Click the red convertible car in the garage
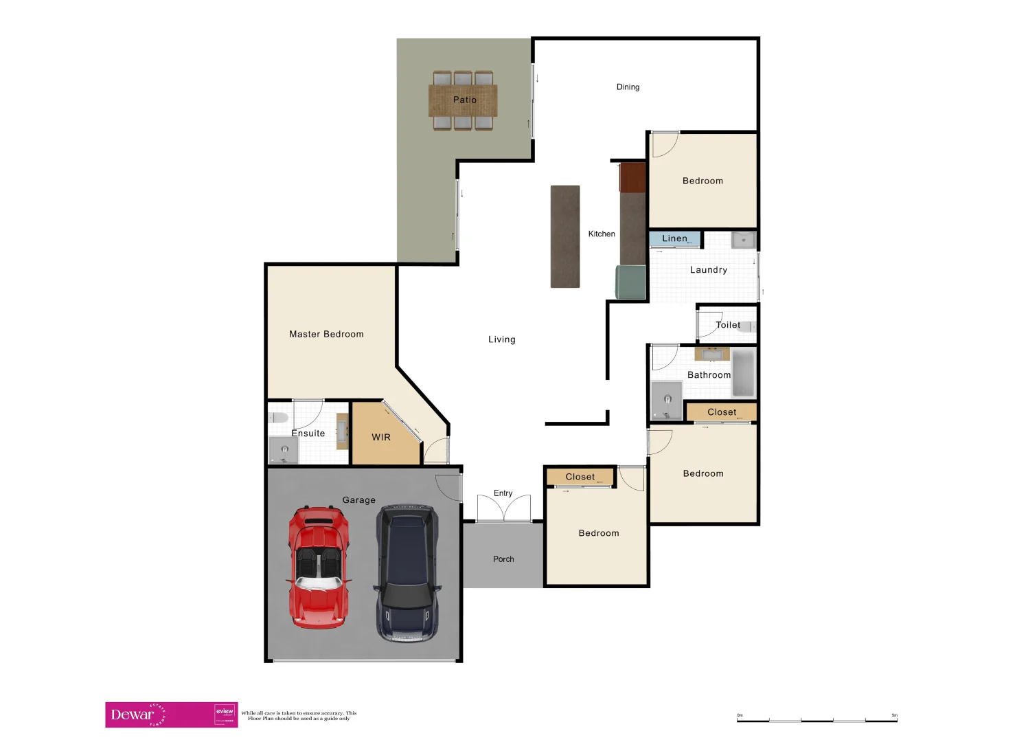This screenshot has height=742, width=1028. [318, 567]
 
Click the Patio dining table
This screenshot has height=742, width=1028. [463, 100]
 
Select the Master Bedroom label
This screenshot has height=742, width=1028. [326, 334]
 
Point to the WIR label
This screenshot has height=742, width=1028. [381, 437]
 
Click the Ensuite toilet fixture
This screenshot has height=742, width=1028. [279, 418]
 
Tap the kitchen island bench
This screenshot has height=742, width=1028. [565, 236]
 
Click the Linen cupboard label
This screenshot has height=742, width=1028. [674, 238]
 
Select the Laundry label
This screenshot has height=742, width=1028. [708, 270]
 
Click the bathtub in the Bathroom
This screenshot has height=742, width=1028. [743, 373]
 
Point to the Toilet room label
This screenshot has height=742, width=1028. [727, 325]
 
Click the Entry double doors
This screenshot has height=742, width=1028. [503, 508]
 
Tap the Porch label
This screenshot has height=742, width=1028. [503, 559]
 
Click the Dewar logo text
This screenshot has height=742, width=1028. [133, 715]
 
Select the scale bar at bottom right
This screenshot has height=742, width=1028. [816, 719]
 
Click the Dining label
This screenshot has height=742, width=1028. [628, 87]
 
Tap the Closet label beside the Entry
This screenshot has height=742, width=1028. [580, 477]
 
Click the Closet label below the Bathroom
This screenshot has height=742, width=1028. [722, 412]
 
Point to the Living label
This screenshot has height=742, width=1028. [501, 339]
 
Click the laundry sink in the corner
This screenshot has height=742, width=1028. [743, 240]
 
